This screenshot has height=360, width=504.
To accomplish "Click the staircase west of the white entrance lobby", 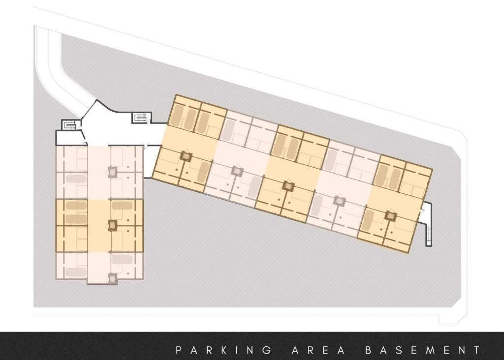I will point(68,125).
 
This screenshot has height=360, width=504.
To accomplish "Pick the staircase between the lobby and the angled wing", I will point(140,118).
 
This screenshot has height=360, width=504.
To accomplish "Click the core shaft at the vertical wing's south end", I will point(113,277).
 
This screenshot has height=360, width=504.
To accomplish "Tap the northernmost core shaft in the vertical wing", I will point(113,171).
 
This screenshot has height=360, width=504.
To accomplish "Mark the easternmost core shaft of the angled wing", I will point(390,215).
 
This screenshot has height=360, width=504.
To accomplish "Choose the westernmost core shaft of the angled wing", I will point(186,156).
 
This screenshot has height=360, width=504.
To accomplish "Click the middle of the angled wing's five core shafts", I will point(288,186).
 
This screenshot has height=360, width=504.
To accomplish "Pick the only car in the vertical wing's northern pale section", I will point(76,179).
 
